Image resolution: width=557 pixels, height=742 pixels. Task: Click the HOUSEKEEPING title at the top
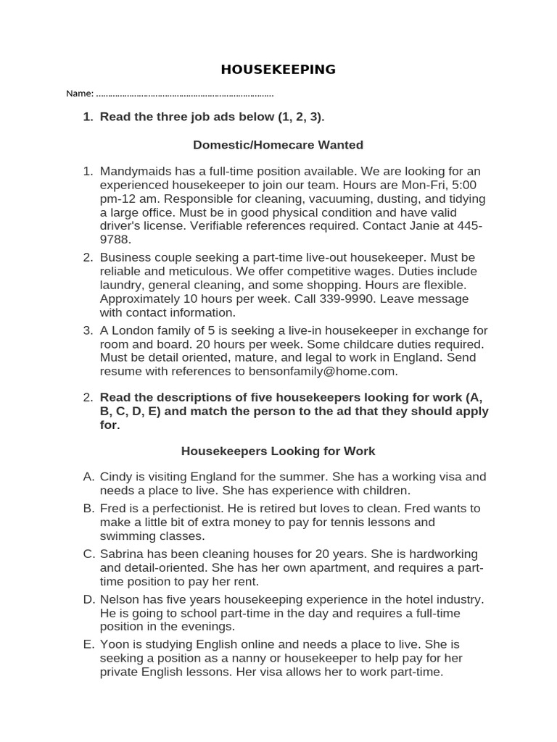(278, 70)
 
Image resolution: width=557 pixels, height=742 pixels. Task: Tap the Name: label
(80, 93)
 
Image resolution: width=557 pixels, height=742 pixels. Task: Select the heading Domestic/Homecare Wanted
(278, 145)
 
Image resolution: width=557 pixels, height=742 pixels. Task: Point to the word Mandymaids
(134, 171)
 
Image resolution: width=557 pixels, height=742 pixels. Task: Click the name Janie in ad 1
(433, 226)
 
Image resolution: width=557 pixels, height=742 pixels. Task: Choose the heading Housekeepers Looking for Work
(278, 451)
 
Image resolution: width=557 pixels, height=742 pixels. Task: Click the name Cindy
(115, 477)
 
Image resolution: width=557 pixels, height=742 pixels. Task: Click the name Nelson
(119, 599)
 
